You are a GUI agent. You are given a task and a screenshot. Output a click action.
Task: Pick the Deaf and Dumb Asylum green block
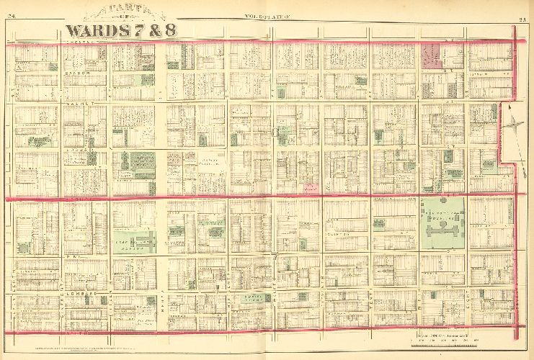(x=133, y=239)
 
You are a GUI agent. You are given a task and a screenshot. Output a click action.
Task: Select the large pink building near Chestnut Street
(x=432, y=56)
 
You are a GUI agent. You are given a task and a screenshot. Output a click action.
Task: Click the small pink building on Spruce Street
(x=311, y=188)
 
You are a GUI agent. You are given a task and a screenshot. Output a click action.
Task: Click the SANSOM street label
(x=76, y=73)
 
